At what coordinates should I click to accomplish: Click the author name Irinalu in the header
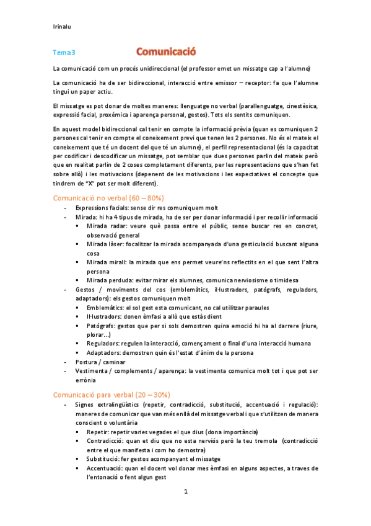(63, 27)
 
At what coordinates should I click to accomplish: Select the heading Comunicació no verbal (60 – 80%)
(108, 197)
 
